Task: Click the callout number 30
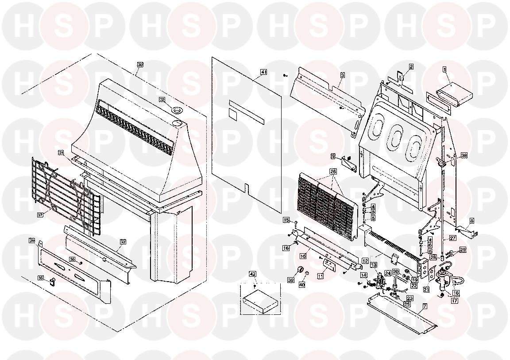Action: (140, 65)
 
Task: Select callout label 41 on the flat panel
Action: (264, 72)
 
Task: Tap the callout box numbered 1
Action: (445, 69)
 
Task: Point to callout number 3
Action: (342, 75)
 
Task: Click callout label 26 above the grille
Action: (333, 171)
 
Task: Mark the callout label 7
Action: (425, 306)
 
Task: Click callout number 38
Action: (464, 155)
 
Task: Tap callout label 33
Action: (123, 242)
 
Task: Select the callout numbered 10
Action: (303, 256)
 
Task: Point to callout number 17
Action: (454, 300)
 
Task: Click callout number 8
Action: (472, 221)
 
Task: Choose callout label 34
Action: (32, 240)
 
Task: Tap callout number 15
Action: (286, 220)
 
